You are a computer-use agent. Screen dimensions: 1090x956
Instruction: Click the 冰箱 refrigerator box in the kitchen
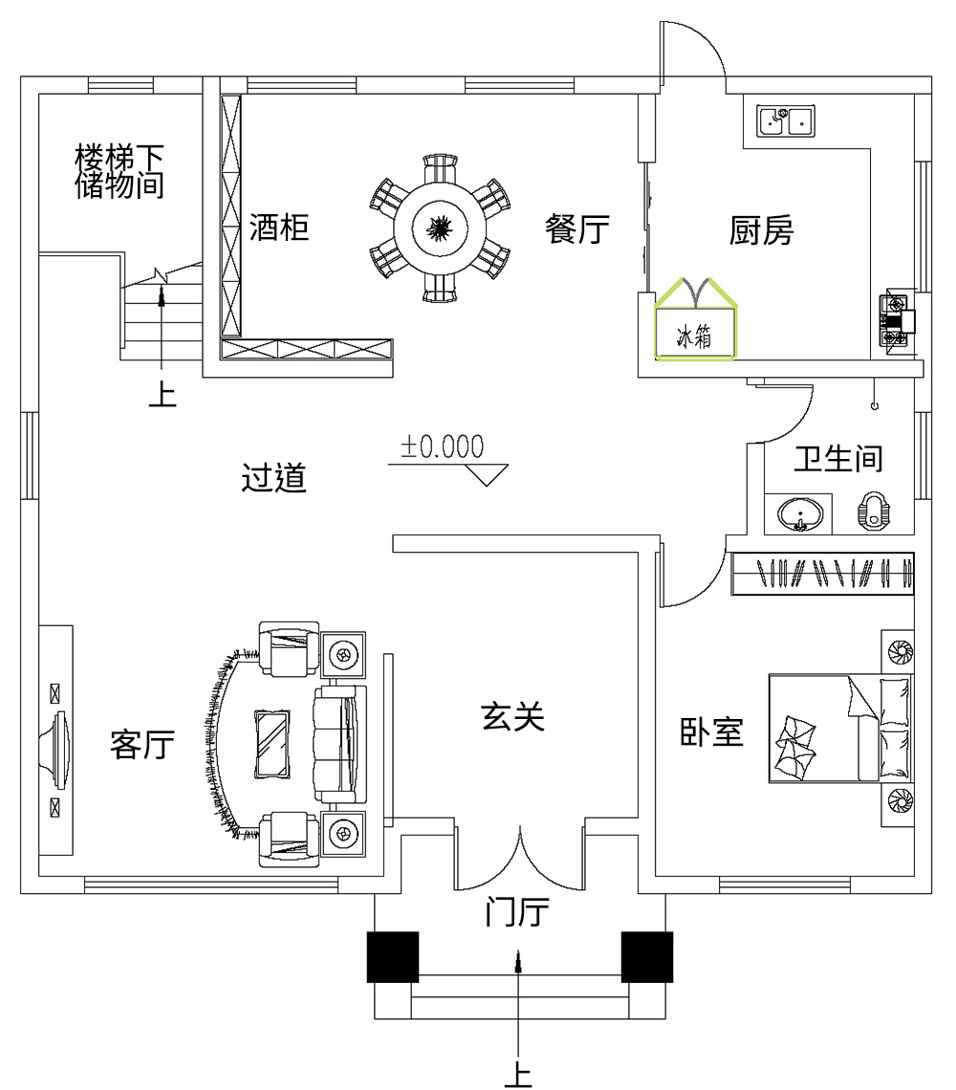tap(695, 335)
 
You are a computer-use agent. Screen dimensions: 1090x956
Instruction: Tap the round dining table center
tap(439, 228)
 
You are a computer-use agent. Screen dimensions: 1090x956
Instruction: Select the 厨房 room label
tap(761, 229)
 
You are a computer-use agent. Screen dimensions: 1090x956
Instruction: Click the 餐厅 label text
tap(577, 229)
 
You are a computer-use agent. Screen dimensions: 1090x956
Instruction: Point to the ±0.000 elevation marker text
tap(442, 447)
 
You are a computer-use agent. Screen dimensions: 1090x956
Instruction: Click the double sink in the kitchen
tap(785, 121)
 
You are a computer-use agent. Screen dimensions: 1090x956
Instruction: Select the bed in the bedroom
tap(839, 728)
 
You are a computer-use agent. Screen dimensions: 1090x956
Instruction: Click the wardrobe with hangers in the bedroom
tap(822, 574)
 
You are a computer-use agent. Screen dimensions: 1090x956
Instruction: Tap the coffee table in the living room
tap(274, 743)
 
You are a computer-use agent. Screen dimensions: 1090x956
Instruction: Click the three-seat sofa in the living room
tap(339, 743)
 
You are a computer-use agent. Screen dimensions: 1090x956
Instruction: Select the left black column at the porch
tap(393, 956)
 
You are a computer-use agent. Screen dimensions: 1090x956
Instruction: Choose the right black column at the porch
tap(647, 956)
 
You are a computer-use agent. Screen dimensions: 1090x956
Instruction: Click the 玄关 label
tap(512, 716)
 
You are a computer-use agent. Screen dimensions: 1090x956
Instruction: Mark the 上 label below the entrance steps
tap(518, 1075)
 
